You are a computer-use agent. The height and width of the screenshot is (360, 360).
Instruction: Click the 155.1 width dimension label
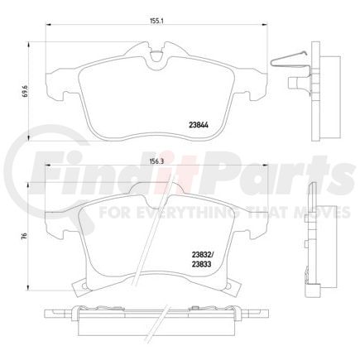coord(156,22)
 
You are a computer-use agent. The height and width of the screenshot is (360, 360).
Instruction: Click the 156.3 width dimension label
coord(156,162)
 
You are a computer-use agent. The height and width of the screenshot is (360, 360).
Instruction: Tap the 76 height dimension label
coord(25,236)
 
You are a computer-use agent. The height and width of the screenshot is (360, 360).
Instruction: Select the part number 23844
coord(199,125)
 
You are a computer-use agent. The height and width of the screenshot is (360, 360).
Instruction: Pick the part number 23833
coord(201,264)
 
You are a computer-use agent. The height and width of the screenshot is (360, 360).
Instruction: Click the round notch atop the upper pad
coord(156,56)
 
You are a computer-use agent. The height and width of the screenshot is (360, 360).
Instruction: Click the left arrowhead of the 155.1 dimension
coord(47,25)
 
